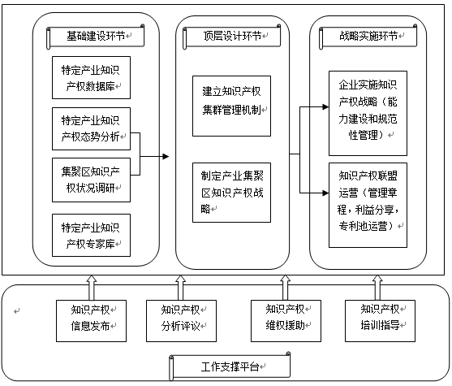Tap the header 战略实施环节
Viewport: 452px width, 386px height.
click(369, 37)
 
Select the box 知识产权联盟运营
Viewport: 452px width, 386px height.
click(368, 206)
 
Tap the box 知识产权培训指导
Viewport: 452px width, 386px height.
click(374, 319)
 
